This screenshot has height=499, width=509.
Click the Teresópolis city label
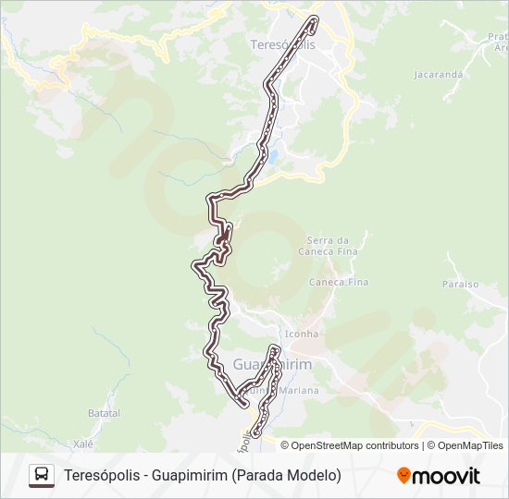[282, 44]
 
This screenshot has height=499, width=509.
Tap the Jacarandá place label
[438, 74]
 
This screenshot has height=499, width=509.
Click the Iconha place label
[302, 334]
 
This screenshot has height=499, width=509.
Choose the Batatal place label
[105, 413]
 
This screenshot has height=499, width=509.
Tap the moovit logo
[439, 476]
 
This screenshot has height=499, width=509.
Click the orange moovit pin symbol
[403, 475]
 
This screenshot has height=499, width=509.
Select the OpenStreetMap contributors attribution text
[354, 445]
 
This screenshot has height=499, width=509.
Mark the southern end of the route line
[257, 432]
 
